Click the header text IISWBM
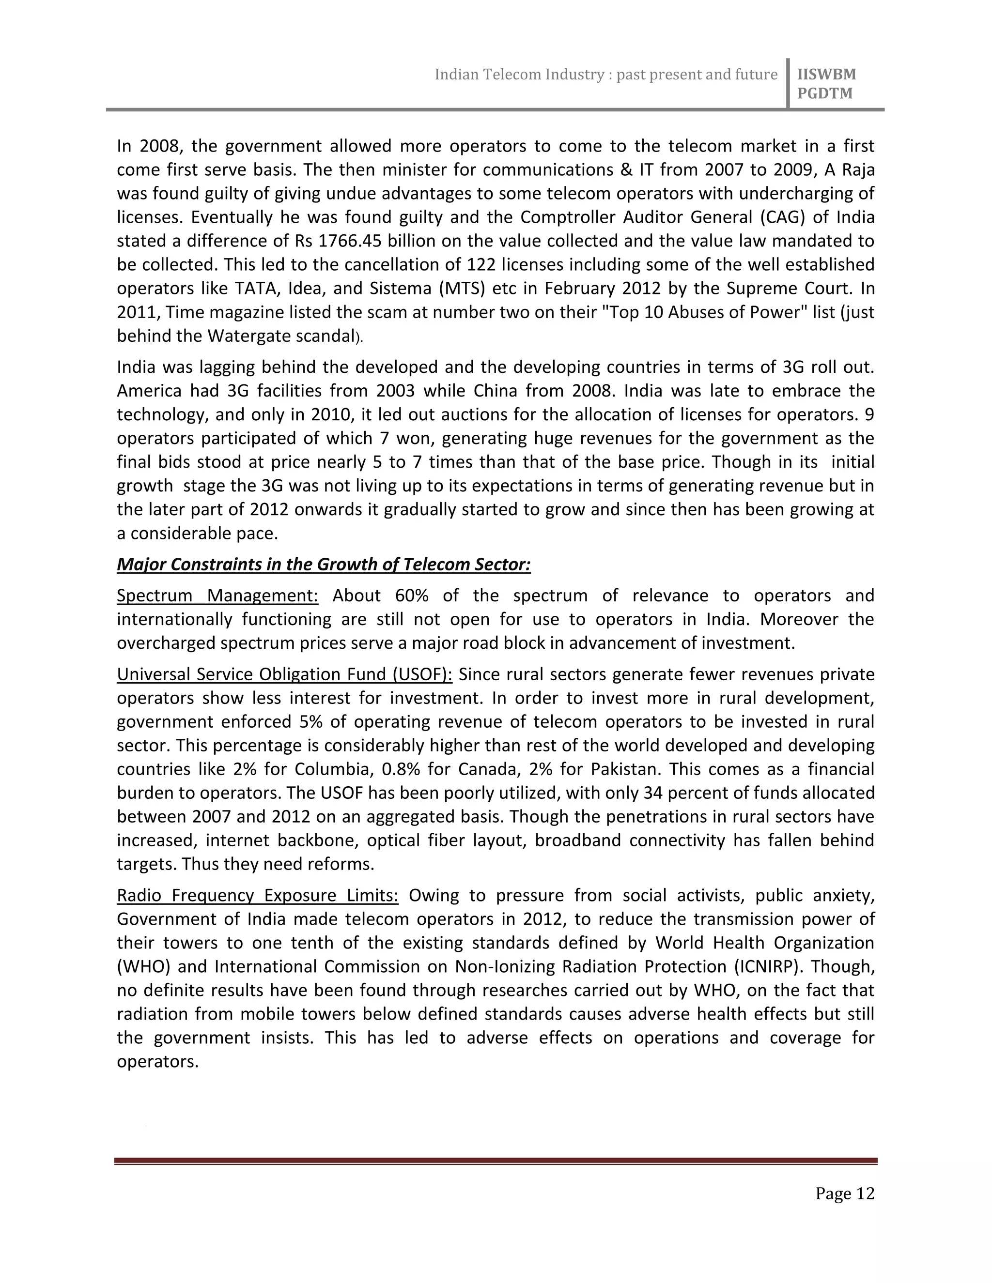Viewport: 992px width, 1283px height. coord(826,75)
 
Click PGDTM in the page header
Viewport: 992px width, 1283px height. coord(824,94)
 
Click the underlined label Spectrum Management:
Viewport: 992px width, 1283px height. coord(217,596)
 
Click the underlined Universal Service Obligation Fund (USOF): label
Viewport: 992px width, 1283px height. coord(284,674)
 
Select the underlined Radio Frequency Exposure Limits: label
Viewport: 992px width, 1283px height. coord(257,895)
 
